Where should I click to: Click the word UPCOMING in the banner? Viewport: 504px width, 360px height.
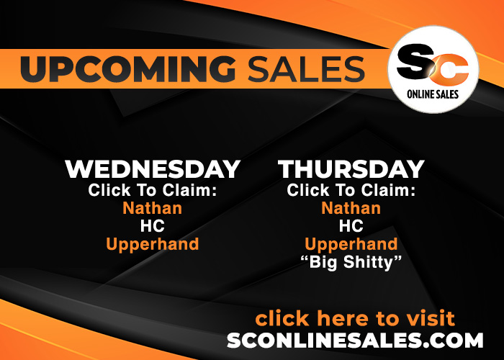coord(128,68)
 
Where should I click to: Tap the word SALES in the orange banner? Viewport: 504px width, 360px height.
coord(306,68)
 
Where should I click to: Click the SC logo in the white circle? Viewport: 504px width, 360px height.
coord(433,64)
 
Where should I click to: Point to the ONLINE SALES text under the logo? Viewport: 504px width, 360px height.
coord(433,94)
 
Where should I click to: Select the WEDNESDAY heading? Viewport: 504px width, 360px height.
coord(153,169)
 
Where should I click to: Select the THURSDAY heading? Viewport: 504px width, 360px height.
coord(351,169)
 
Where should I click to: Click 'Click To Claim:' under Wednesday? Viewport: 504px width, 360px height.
coord(153,190)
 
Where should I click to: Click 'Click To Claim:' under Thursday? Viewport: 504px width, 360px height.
coord(351,190)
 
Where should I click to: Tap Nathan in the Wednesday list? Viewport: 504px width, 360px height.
coord(153,208)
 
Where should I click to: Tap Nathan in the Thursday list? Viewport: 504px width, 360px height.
coord(351,208)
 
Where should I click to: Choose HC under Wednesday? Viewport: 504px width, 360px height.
coord(153,226)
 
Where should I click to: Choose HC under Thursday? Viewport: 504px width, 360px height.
coord(351,226)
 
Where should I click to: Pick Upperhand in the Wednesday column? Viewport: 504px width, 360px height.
coord(153,245)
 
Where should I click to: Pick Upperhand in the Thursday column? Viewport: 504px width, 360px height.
coord(351,245)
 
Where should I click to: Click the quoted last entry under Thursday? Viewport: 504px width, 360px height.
coord(351,262)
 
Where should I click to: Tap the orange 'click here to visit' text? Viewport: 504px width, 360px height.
coord(355,318)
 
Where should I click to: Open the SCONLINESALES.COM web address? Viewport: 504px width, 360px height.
coord(355,341)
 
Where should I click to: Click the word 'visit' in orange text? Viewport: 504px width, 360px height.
coord(431,318)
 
